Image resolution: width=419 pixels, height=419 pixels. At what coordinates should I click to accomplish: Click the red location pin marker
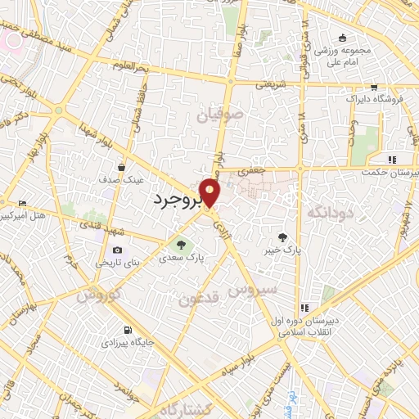pyautogui.click(x=210, y=193)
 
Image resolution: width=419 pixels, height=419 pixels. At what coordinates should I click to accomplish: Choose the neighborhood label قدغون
pyautogui.click(x=198, y=299)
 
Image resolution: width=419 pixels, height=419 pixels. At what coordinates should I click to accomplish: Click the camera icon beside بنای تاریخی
pyautogui.click(x=117, y=250)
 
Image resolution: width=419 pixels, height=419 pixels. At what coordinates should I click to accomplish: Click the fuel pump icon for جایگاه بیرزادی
pyautogui.click(x=127, y=331)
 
